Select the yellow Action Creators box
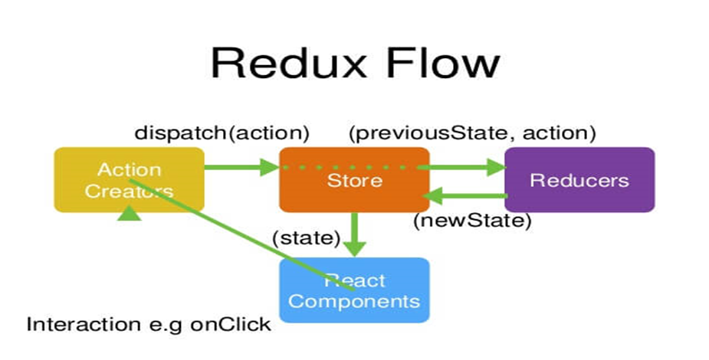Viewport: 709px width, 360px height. click(x=129, y=179)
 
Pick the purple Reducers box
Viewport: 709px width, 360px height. click(x=579, y=179)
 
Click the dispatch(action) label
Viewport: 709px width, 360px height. click(x=222, y=133)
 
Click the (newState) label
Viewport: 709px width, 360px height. click(x=472, y=221)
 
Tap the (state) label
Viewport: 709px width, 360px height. click(x=306, y=238)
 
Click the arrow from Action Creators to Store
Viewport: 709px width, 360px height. click(x=240, y=165)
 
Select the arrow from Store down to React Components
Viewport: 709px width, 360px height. click(x=354, y=234)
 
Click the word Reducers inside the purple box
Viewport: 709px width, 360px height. click(x=579, y=180)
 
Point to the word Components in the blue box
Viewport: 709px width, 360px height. click(x=354, y=300)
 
